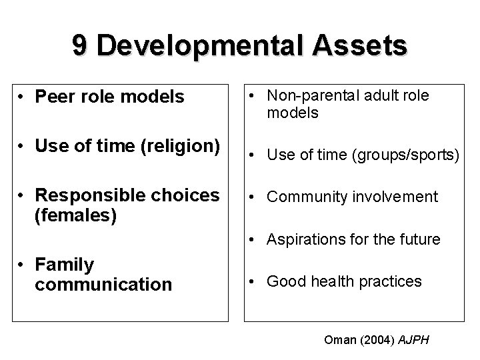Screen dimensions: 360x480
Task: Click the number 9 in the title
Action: point(81,46)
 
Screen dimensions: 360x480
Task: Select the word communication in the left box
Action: point(103,284)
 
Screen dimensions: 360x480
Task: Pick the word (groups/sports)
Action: point(409,156)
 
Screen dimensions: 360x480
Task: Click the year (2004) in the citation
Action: point(377,340)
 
